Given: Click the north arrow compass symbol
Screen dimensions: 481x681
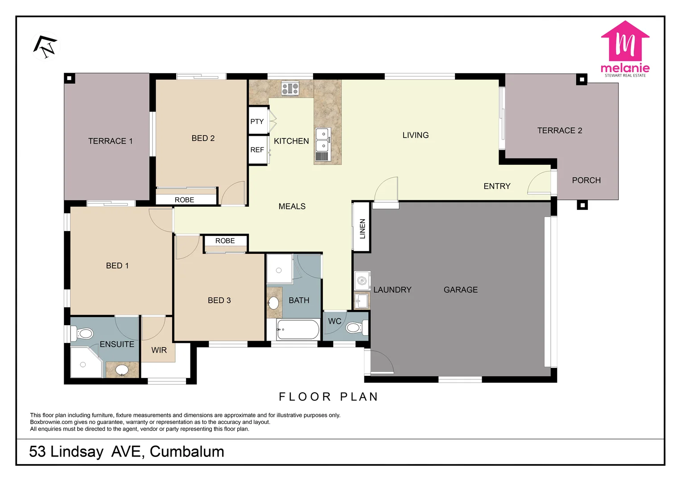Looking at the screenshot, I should [x=45, y=47].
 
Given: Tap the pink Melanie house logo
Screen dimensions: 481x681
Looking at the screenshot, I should [x=625, y=42].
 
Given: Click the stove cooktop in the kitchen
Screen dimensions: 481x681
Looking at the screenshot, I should [x=290, y=89].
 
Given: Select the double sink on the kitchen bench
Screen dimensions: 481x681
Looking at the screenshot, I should [x=323, y=140].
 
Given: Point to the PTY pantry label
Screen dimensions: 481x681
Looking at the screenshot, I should [x=257, y=122].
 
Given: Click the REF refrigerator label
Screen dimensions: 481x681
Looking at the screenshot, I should [x=257, y=150].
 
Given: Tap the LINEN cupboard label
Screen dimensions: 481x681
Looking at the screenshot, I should [x=362, y=228].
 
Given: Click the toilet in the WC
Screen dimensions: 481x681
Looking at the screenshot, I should [x=355, y=328].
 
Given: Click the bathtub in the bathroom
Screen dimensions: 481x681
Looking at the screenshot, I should [x=297, y=330].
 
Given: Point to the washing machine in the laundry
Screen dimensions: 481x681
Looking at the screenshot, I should [x=362, y=281].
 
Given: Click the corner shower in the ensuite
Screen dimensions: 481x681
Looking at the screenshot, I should [x=85, y=363].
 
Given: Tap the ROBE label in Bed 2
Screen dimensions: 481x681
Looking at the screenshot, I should [x=184, y=200].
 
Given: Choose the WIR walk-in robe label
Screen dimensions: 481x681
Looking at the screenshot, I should [x=159, y=351].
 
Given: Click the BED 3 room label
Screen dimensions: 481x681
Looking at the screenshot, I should [x=219, y=301].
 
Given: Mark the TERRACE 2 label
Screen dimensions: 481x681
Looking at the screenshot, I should [x=559, y=130].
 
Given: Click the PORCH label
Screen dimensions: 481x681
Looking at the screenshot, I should [x=586, y=180].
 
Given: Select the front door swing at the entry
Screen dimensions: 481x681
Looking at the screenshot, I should [x=540, y=183].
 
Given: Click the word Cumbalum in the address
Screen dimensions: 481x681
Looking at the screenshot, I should [x=187, y=452].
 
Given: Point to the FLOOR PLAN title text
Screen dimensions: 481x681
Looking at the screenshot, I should [x=329, y=397].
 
